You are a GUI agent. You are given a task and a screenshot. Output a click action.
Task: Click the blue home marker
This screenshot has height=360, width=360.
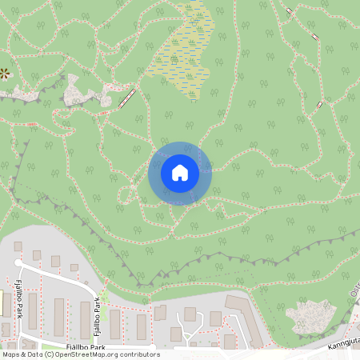[179, 172]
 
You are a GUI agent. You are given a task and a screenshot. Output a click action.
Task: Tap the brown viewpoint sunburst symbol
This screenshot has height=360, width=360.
[5, 74]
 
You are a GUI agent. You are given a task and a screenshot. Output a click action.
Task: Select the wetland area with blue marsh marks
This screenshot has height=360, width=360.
[182, 52]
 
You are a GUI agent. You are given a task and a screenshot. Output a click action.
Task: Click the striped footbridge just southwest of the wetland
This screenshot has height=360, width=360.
[126, 98]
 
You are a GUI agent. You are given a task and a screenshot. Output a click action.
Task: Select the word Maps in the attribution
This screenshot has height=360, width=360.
[10, 354]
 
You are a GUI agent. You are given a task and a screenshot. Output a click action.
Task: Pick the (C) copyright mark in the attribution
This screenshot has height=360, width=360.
[50, 354]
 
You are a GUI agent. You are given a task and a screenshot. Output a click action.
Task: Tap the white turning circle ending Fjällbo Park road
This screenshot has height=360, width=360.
[18, 262]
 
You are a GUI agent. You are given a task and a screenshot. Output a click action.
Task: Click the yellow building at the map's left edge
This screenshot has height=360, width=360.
[2, 302]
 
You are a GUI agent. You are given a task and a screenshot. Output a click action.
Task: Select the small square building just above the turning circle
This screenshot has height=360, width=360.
[18, 246]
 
